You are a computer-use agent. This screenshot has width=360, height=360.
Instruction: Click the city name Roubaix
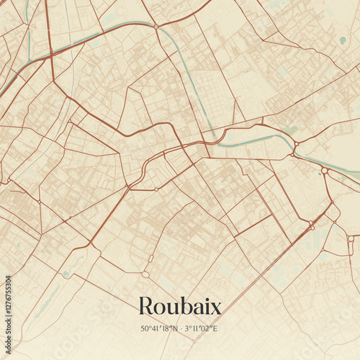(x=179, y=306)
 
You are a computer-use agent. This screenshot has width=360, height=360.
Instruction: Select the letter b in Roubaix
(x=185, y=305)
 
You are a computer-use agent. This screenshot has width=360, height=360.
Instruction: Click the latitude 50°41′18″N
(x=159, y=330)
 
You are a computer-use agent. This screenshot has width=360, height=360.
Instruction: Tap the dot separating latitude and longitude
(x=180, y=330)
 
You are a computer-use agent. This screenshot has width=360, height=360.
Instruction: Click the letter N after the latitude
(x=174, y=330)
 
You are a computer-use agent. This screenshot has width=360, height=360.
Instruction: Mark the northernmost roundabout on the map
(x=156, y=27)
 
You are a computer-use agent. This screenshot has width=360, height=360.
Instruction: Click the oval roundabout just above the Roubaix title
(x=145, y=274)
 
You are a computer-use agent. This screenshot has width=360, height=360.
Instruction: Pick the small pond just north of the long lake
(x=66, y=274)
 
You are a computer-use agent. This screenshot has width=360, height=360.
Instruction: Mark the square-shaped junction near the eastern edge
(x=351, y=238)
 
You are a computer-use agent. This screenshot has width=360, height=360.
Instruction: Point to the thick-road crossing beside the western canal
(x=50, y=54)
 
